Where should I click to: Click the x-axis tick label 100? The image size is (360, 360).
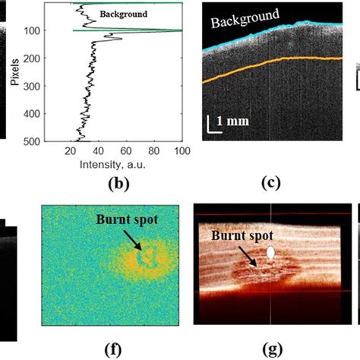[x=179, y=150]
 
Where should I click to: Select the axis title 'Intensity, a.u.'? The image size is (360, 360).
[x=126, y=162]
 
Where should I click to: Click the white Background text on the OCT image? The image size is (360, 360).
[x=243, y=17]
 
